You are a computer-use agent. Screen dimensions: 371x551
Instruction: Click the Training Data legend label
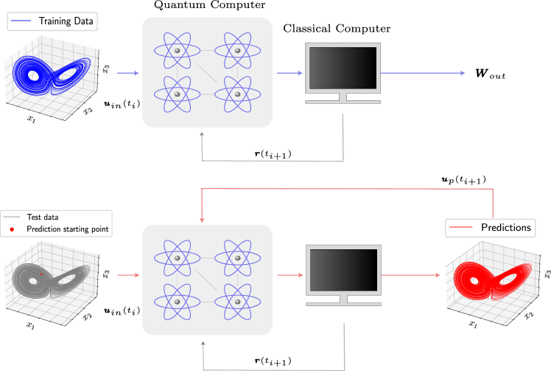coord(66,21)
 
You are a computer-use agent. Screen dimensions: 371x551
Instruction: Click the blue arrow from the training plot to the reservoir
coord(127,73)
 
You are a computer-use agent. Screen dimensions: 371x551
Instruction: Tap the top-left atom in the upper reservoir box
coord(177,50)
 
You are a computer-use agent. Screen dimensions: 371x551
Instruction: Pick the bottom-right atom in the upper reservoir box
coord(237,94)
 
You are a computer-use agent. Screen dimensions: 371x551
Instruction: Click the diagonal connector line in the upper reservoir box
coord(207,72)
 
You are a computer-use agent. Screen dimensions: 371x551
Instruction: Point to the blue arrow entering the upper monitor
coord(289,73)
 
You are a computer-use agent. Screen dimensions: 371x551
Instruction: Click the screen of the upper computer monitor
coord(343,68)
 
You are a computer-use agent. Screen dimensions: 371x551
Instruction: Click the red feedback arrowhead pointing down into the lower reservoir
coord(202,219)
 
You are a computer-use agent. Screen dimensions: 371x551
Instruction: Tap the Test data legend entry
coord(42,217)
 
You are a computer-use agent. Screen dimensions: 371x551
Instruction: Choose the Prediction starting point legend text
coord(67,229)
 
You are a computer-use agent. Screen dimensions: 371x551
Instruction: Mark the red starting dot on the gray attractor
coord(41,274)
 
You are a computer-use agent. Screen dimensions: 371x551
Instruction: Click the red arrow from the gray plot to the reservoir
coord(128,276)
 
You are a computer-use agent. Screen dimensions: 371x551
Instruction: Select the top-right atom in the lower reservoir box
coord(237,257)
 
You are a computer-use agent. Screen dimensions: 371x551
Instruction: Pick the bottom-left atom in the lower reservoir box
coord(177,302)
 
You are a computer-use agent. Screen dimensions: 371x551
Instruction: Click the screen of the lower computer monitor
coord(343,270)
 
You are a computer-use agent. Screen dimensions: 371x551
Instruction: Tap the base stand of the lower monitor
coord(343,302)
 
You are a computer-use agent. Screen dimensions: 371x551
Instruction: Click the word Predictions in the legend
coord(505,227)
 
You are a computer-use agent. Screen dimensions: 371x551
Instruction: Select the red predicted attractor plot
coord(490,284)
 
